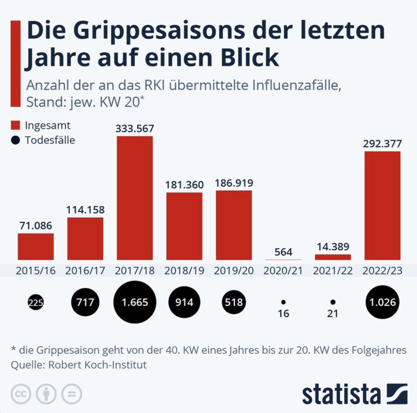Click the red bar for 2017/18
coord(135,198)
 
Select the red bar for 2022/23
coord(382,206)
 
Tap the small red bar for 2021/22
coord(333,257)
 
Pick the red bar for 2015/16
coord(36,247)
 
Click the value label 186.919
coord(234,183)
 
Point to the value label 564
coord(283,252)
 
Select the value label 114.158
coord(85,210)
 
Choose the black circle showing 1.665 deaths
coord(135,302)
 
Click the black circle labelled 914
coord(184,302)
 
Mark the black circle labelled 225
coord(36,303)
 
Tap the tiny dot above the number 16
coord(283,302)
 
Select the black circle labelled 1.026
coord(382,302)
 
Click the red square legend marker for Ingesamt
coord(16,125)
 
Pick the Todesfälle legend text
coord(50,140)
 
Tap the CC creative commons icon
coord(21,394)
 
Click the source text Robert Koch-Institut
coord(97,365)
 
